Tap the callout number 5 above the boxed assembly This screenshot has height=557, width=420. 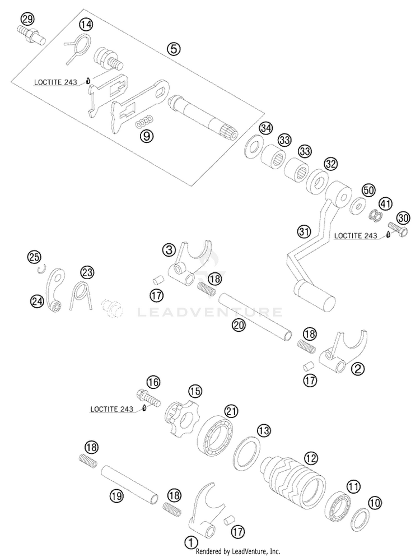[174, 49]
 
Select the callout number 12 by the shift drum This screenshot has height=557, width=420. [311, 458]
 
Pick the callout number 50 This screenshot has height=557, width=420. [369, 191]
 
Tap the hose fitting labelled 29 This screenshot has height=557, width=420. [31, 35]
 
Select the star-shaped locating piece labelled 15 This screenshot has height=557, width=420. [180, 418]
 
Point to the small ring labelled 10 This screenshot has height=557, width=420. [360, 519]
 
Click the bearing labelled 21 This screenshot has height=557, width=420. [216, 436]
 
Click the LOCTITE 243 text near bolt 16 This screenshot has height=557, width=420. [112, 409]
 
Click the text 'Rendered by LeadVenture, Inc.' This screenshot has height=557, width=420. [238, 551]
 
